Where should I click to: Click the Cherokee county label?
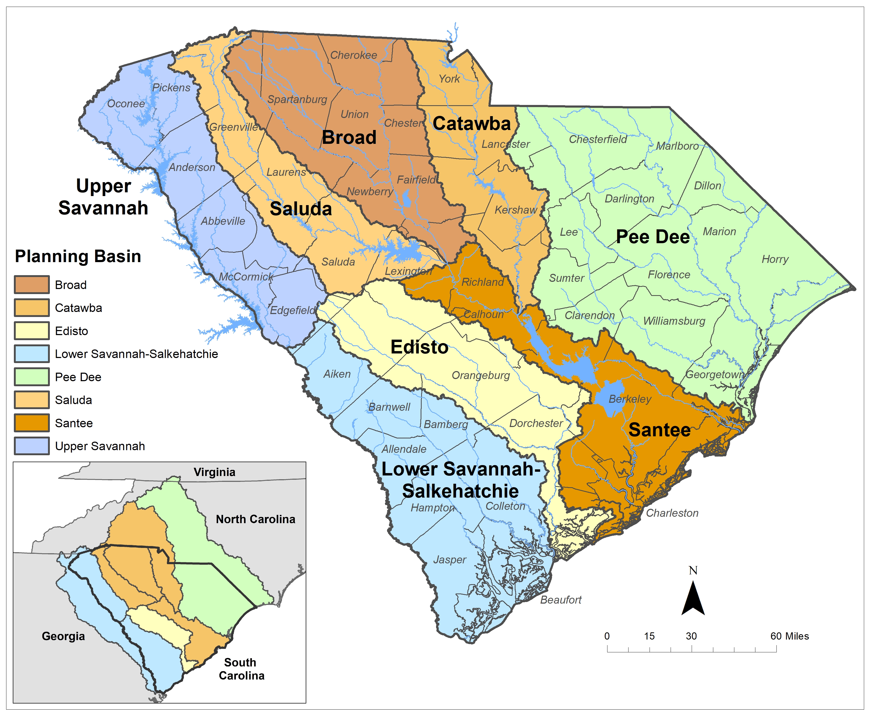353,55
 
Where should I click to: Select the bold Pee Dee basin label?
652,237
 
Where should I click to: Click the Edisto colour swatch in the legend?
32,331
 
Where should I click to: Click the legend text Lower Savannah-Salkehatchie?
136,354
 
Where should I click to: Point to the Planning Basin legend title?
78,256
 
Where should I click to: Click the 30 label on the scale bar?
691,636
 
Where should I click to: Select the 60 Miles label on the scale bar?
789,636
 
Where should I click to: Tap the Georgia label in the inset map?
63,636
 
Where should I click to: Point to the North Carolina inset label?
255,519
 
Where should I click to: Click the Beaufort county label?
561,600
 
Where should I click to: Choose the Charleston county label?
672,513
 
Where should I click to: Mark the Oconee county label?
126,104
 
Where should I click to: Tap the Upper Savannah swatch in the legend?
32,446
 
